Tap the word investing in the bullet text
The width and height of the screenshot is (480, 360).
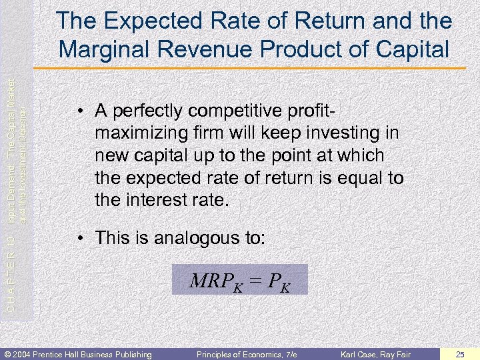(347, 133)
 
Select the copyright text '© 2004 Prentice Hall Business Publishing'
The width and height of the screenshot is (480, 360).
(78, 353)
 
